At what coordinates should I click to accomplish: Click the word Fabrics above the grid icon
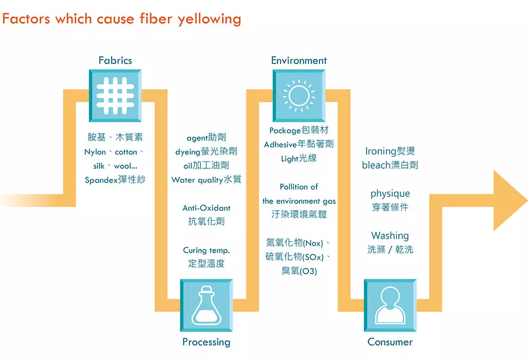click(115, 60)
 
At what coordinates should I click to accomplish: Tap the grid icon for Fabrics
click(115, 95)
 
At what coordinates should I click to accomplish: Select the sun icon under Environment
click(299, 95)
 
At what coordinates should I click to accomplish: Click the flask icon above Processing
click(206, 305)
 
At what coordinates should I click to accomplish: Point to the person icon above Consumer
click(390, 305)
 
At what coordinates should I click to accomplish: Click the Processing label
click(206, 342)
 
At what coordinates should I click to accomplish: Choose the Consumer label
click(390, 342)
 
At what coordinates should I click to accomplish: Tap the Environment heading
click(299, 60)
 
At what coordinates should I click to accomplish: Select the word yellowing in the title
click(209, 20)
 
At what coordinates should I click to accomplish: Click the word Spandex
click(101, 180)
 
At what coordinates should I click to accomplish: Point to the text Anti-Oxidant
click(206, 208)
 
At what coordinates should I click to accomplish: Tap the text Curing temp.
click(206, 250)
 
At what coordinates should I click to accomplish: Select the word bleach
click(376, 165)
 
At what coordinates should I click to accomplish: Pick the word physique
click(390, 194)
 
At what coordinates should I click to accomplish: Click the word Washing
click(390, 236)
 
